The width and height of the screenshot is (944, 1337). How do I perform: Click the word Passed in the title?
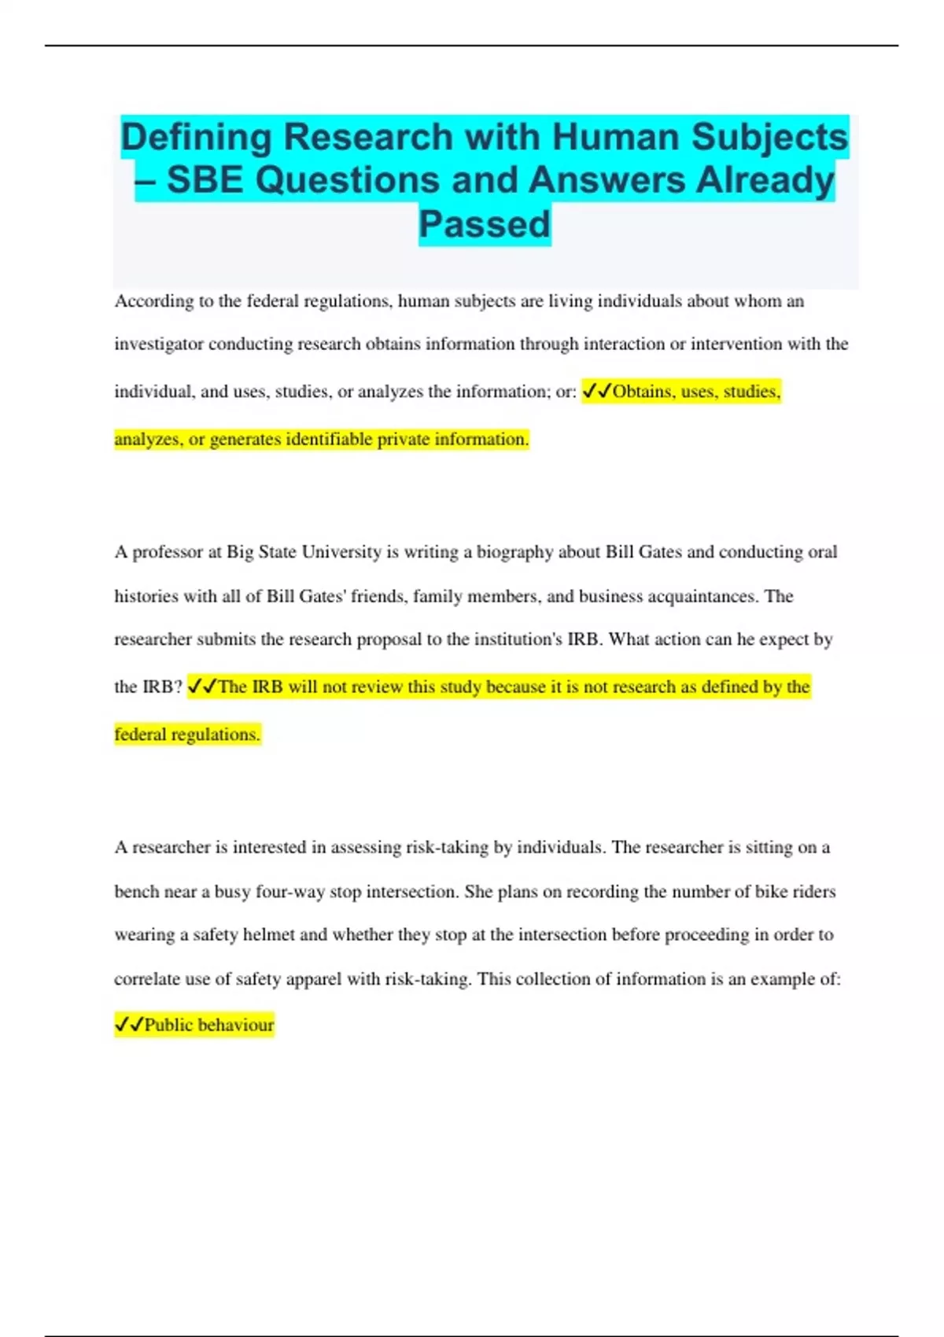pos(484,224)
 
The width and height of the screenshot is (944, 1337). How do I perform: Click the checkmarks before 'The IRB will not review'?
pos(202,687)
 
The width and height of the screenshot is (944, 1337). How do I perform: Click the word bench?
pos(135,892)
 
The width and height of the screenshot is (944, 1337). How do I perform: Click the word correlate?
pos(147,979)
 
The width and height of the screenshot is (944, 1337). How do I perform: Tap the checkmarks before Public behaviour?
pos(129,1025)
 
